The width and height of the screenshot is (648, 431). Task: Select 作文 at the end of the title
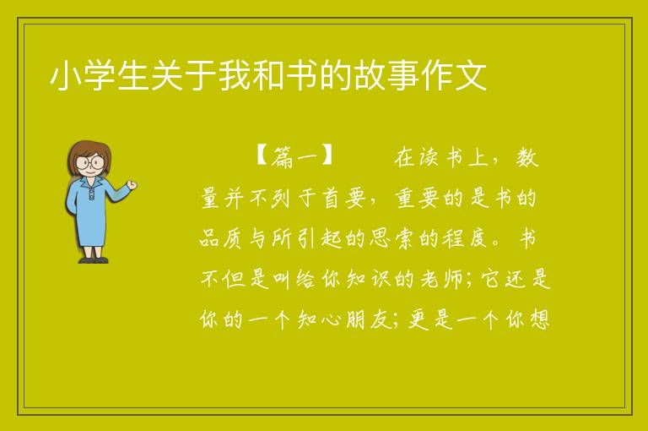(x=455, y=76)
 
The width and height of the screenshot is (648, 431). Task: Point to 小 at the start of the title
(x=66, y=76)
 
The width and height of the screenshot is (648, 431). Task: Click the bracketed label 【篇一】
(x=294, y=157)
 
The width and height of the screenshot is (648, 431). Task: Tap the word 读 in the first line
(x=428, y=157)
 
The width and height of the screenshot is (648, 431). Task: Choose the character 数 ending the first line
(x=526, y=157)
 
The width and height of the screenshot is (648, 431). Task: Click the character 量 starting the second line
(x=211, y=198)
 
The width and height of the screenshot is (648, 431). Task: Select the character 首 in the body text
(x=331, y=198)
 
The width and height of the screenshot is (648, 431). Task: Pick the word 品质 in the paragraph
(x=222, y=238)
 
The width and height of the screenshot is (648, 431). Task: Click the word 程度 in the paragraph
(x=465, y=238)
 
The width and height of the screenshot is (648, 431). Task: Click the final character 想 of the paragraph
(x=540, y=319)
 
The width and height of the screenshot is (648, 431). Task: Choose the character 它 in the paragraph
(x=491, y=279)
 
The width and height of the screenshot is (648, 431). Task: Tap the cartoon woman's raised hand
(x=132, y=185)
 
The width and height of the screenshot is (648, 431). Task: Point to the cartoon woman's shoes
(x=93, y=260)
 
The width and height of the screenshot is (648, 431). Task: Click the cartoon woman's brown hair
(x=89, y=148)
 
